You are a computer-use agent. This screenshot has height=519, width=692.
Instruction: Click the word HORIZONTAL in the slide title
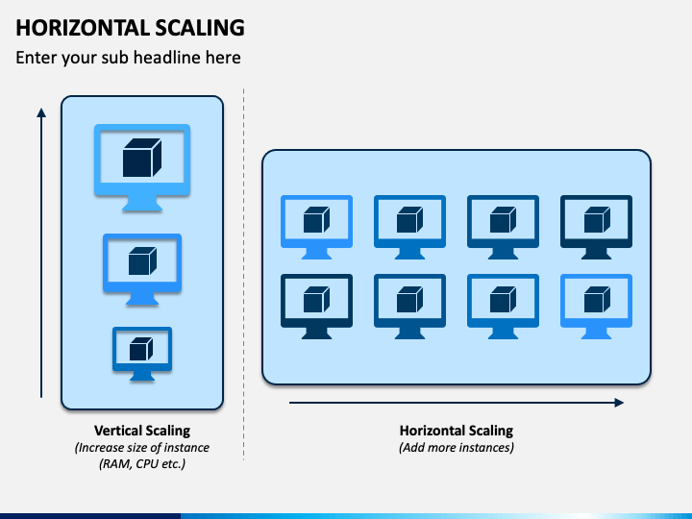tap(83, 28)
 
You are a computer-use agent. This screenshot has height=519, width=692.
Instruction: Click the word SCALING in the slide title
tap(200, 28)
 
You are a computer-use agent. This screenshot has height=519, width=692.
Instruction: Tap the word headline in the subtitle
tap(165, 58)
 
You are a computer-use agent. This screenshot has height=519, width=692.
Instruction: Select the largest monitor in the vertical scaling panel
tap(142, 193)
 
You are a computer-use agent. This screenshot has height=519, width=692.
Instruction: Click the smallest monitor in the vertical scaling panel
tap(142, 367)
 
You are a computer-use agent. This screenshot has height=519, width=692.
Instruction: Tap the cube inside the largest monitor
tap(142, 158)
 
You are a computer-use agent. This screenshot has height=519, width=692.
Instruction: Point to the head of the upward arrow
tap(41, 113)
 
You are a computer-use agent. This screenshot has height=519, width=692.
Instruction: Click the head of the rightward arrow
tap(619, 403)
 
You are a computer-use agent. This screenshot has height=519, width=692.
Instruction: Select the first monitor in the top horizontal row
tap(316, 243)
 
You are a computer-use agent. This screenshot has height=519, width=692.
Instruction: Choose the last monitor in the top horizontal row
tap(596, 243)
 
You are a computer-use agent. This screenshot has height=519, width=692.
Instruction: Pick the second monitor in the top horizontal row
tap(409, 243)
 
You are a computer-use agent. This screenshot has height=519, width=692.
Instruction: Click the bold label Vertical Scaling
tap(142, 431)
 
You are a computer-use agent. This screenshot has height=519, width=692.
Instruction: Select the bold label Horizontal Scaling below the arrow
tap(457, 431)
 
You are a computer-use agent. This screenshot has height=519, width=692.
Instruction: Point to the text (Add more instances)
tap(457, 448)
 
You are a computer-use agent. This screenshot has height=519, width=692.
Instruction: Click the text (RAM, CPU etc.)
tap(142, 464)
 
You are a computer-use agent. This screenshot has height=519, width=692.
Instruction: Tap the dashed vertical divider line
tap(243, 275)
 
